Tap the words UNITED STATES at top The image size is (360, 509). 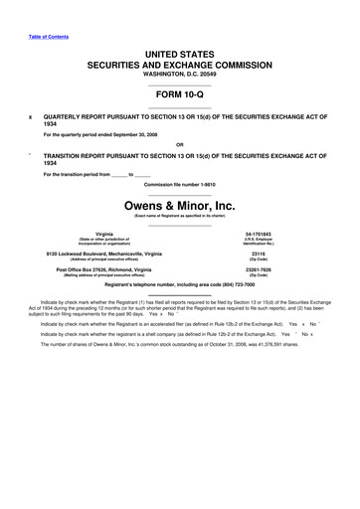pos(180,50)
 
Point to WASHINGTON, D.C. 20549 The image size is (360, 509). pos(180,74)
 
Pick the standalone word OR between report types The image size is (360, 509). pos(180,146)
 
